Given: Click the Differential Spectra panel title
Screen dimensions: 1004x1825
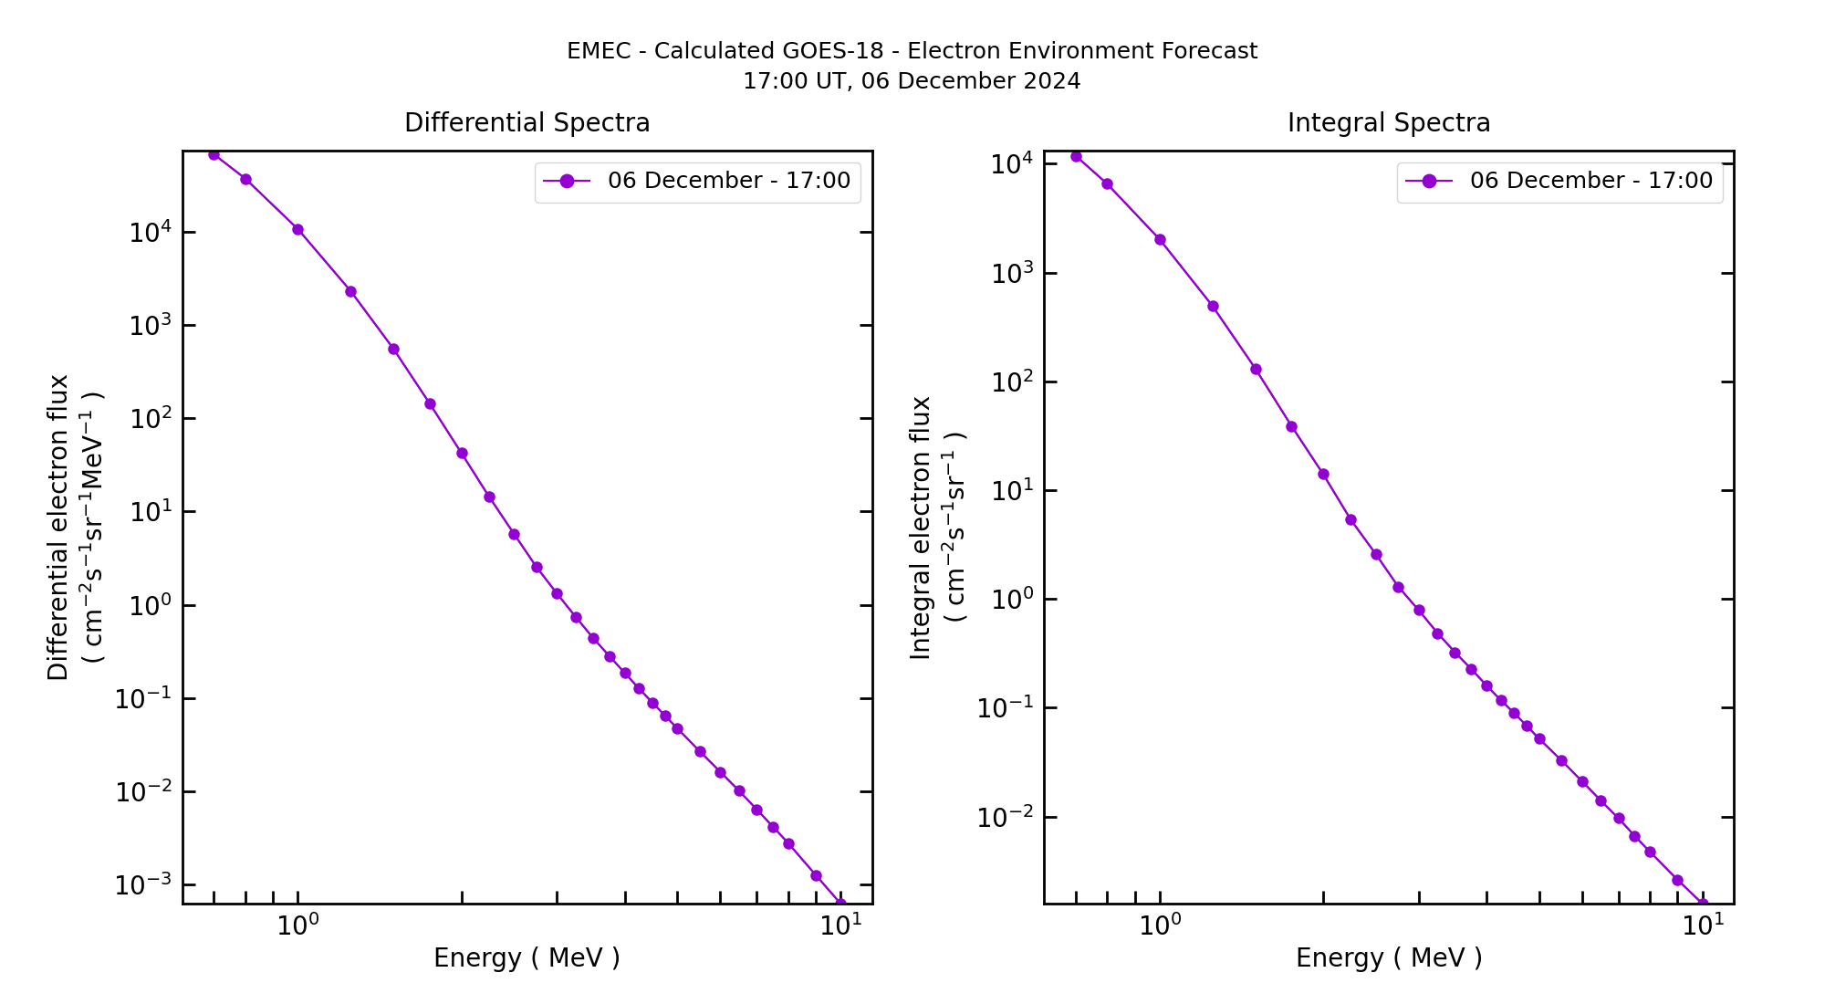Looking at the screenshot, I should [x=527, y=123].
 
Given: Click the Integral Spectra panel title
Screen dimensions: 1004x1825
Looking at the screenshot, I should [x=1388, y=123].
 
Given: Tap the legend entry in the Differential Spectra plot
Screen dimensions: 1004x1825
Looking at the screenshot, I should [x=697, y=181].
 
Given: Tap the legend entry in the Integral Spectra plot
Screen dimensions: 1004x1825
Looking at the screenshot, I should [x=1559, y=181].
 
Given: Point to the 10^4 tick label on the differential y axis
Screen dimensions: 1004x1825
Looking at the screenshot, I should [x=150, y=232].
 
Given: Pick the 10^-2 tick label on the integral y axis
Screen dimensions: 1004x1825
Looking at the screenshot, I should [x=1005, y=817].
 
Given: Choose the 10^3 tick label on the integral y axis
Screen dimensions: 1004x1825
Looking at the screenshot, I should [x=1012, y=273].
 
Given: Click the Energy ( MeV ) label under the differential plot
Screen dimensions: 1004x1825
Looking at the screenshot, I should [x=527, y=958].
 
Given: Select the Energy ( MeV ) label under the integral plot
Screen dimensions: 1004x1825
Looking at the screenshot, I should [x=1388, y=958].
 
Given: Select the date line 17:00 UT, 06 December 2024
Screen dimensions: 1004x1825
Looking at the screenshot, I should [x=912, y=81].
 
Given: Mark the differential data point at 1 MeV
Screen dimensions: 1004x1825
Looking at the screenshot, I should [x=297, y=229].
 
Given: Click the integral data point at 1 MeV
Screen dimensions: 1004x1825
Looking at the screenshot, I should [x=1160, y=240].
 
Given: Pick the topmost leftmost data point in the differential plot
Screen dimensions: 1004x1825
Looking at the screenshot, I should [x=214, y=154].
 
